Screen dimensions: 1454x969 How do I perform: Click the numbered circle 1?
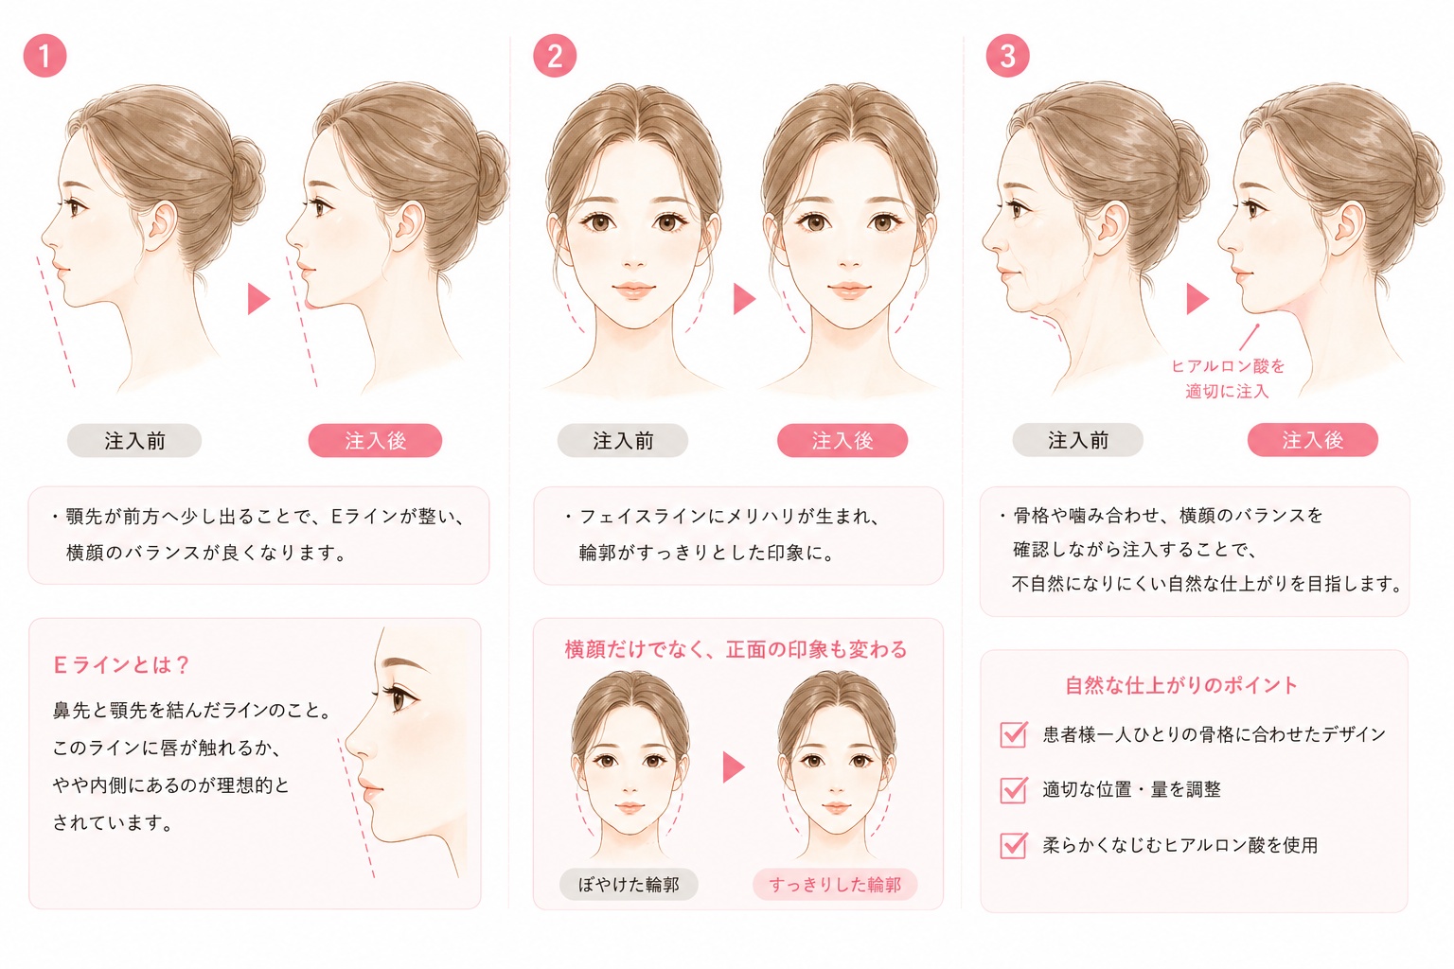44,56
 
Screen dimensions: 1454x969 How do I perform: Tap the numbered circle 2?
555,56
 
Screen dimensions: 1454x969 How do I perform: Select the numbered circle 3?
1007,56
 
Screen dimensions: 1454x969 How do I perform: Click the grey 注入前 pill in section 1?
134,441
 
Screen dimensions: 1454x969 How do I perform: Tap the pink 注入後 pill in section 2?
842,441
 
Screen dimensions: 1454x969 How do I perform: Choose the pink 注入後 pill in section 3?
1313,440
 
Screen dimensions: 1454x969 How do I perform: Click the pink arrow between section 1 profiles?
258,298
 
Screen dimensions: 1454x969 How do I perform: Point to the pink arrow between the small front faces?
734,767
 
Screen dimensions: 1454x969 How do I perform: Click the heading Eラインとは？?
121,664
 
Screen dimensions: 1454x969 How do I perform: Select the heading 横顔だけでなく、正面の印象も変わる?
736,649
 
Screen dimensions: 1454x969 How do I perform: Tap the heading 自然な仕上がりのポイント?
1181,685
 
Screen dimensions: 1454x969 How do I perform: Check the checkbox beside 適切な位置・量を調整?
1014,790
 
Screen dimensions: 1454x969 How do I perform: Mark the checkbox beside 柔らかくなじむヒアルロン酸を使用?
1014,845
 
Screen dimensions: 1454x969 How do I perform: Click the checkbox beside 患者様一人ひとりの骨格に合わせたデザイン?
1014,734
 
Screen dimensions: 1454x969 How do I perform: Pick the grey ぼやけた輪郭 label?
629,885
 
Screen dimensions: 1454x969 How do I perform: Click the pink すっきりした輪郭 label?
835,885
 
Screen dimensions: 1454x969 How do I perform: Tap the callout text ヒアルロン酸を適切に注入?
1228,379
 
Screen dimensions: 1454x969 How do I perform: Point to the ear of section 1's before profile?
161,226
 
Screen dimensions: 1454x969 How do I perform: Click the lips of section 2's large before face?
633,290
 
